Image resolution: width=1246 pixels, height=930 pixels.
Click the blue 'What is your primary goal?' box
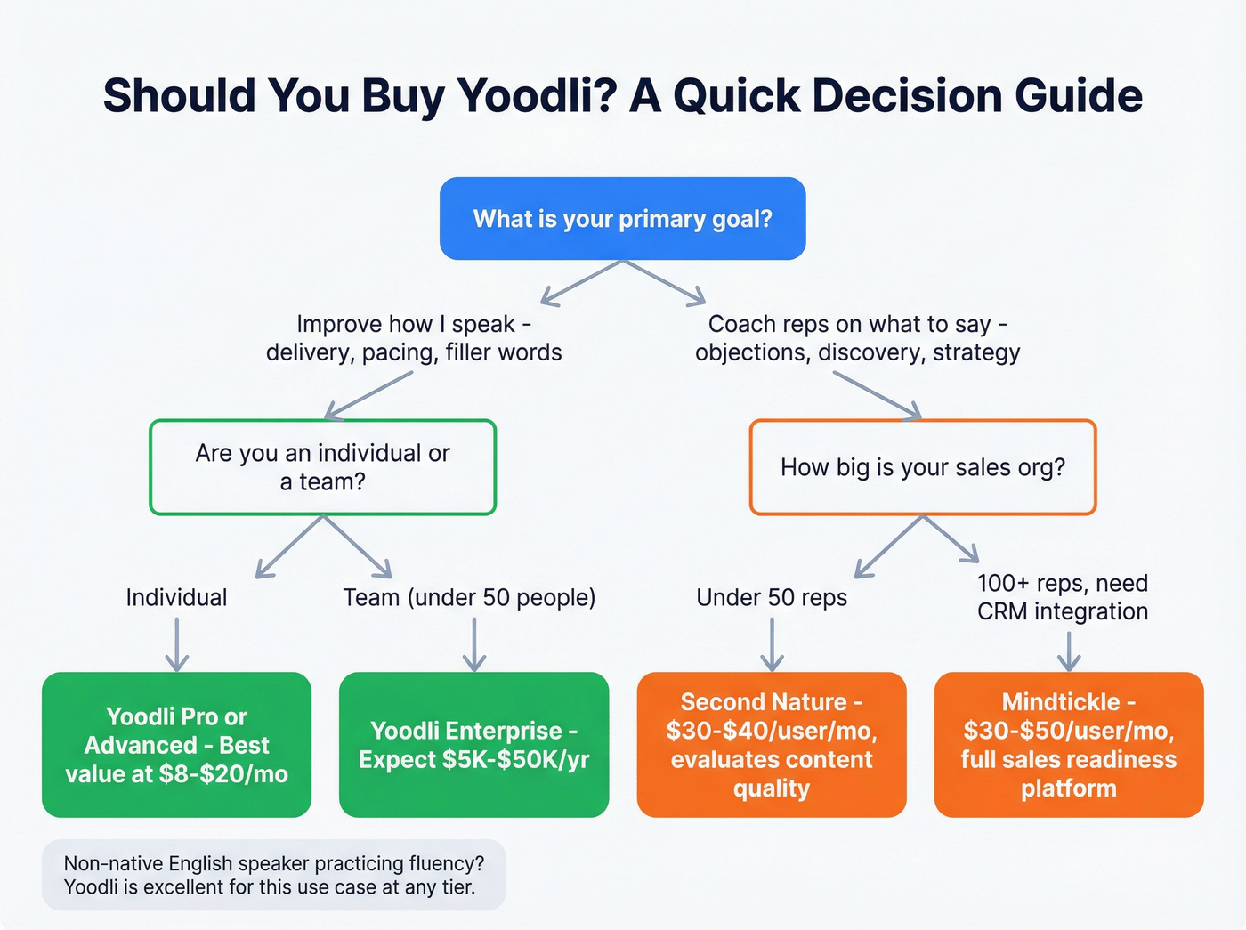[622, 219]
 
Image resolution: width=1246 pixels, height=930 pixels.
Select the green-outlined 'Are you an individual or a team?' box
[322, 467]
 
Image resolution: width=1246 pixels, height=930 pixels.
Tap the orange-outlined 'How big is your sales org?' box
[923, 467]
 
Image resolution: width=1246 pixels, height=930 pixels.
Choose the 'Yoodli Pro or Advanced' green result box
[176, 745]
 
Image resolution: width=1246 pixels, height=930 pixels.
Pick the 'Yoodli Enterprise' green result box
[473, 745]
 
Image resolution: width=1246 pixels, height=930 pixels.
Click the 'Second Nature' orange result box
[772, 745]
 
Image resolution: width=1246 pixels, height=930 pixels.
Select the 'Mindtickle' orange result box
[1069, 745]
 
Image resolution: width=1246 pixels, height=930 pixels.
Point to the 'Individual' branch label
[176, 597]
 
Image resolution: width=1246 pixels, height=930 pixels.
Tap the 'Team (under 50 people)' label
[469, 597]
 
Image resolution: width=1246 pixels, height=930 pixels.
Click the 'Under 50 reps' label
[772, 597]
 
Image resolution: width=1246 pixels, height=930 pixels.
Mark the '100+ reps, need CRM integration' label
[1063, 597]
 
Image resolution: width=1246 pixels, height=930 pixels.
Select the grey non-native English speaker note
[274, 875]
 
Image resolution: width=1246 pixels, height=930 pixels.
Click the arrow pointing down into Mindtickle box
[1069, 651]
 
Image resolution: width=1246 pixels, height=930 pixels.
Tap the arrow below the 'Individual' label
[177, 644]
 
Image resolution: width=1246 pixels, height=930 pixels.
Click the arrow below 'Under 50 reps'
[772, 644]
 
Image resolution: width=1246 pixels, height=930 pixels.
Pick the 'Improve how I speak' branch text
[414, 338]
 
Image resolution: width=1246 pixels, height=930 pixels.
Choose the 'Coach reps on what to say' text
[857, 338]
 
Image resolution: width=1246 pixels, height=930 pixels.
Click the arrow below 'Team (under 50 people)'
[474, 644]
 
